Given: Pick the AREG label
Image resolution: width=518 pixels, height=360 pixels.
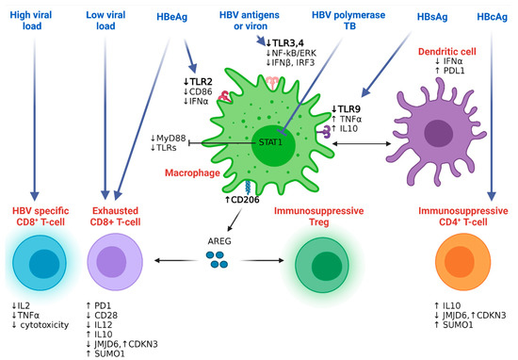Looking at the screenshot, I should point(222,239).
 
